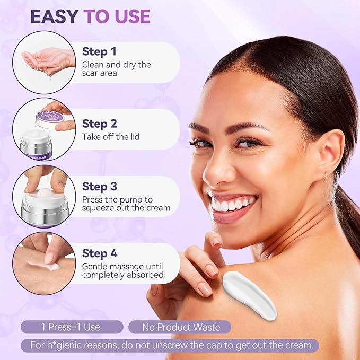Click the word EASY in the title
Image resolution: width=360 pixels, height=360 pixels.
(x=54, y=16)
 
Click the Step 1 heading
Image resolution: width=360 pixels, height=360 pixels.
(x=99, y=51)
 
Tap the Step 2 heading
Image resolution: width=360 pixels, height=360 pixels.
(x=100, y=124)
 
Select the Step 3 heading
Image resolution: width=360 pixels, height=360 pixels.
(x=100, y=187)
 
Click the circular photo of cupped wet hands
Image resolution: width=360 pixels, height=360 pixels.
(x=44, y=63)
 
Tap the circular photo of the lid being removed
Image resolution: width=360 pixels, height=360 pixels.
(x=44, y=129)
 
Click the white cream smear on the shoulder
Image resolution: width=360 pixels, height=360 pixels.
(x=249, y=294)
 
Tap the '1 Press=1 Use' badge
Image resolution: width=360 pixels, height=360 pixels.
(x=72, y=327)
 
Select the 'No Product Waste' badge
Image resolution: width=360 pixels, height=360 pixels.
(x=180, y=327)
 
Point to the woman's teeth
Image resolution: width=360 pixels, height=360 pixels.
(x=232, y=203)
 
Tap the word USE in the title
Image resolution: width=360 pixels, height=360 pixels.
(x=130, y=16)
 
